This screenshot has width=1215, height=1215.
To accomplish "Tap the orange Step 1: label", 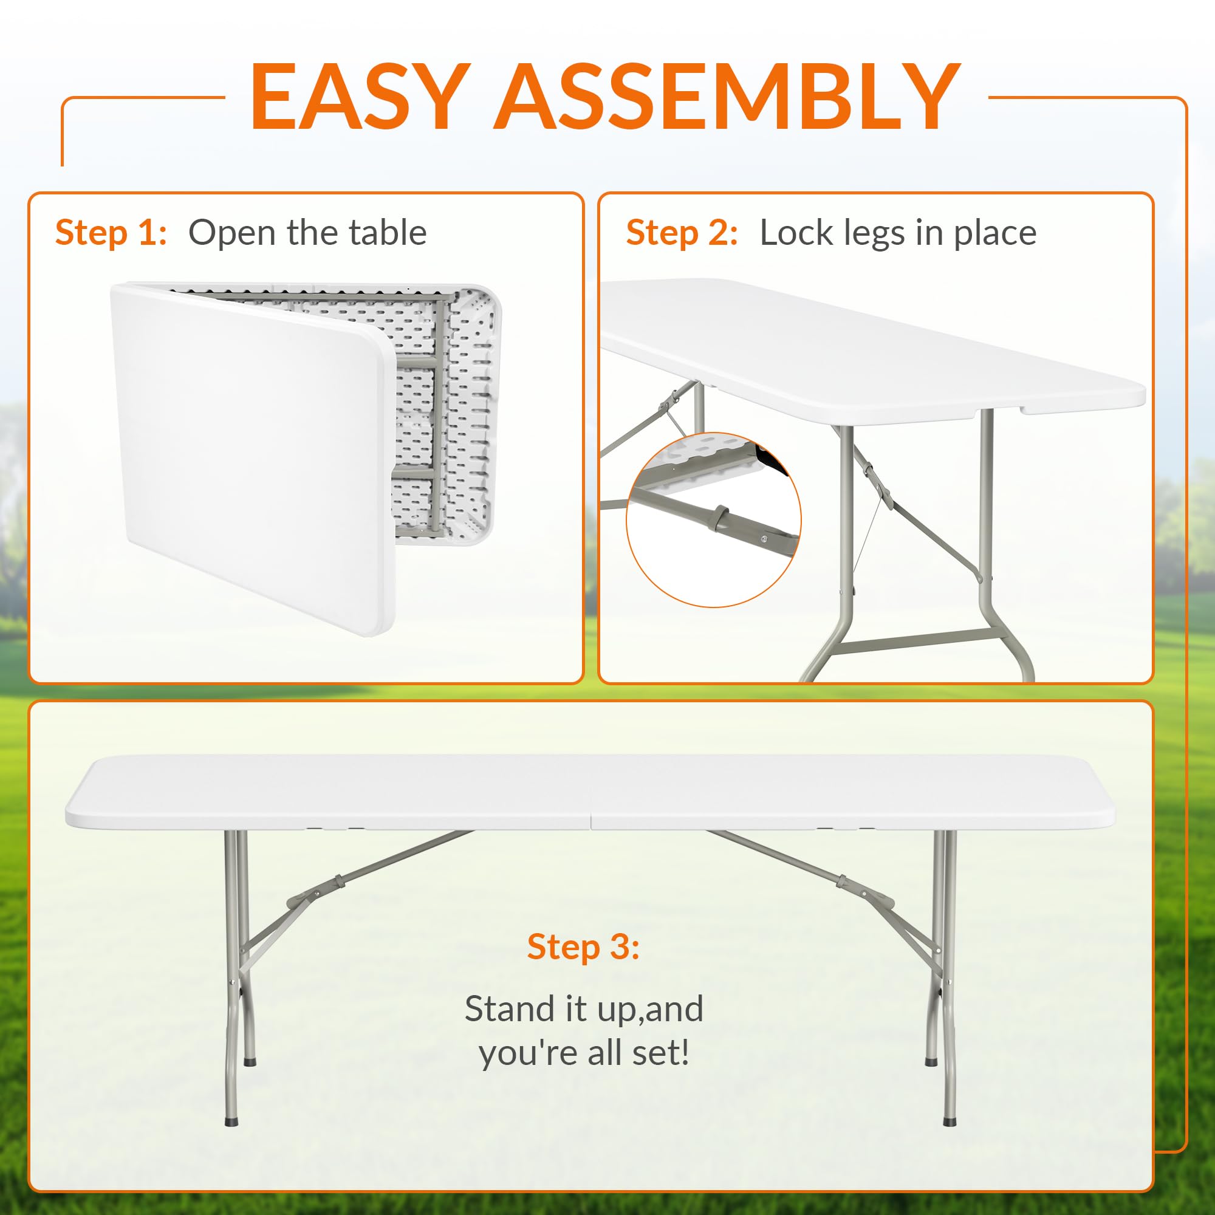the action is (111, 233).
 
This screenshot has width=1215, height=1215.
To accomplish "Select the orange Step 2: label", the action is (682, 233).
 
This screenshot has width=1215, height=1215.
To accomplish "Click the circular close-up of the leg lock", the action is (714, 519).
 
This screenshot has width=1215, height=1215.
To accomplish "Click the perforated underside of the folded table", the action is (440, 409).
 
